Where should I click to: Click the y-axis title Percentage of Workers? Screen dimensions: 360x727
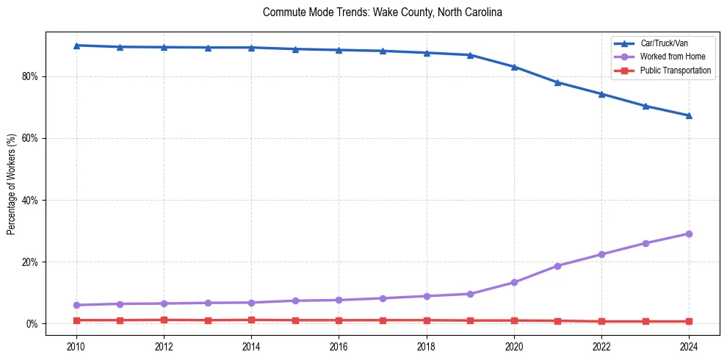11,184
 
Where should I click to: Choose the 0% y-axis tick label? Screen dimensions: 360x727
32,324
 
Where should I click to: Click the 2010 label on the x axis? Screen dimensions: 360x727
76,346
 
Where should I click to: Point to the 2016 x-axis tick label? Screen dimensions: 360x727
339,346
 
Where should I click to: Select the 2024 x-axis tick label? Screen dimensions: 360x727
689,346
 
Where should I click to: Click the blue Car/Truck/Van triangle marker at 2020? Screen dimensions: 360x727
514,67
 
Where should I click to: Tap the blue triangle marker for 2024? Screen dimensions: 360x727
689,115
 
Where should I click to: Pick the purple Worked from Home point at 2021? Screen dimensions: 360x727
557,266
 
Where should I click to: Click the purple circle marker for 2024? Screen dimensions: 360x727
689,234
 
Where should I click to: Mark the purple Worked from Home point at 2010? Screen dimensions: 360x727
76,305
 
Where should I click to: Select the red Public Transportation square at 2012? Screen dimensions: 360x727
164,320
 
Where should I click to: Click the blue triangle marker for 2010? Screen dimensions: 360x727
76,46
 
